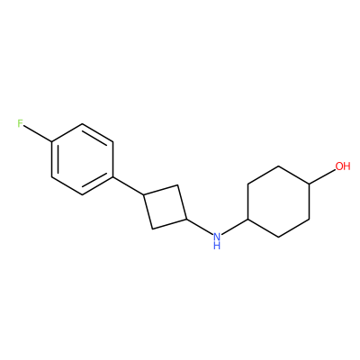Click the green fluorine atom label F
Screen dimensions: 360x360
point(20,123)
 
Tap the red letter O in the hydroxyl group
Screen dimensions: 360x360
point(339,166)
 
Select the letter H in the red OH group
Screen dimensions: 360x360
point(346,166)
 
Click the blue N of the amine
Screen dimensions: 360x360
point(217,237)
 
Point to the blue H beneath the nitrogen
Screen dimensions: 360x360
point(217,246)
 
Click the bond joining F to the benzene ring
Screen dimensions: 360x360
point(38,133)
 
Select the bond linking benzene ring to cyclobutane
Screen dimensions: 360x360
point(129,186)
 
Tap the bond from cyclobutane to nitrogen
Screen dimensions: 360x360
point(200,227)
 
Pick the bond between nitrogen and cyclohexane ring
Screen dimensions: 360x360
point(235,226)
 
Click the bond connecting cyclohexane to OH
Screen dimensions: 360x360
point(322,175)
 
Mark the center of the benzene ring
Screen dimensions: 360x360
point(83,159)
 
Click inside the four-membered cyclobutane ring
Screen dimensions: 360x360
point(166,207)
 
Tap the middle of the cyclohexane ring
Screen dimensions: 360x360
point(279,202)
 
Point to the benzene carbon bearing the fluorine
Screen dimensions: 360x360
point(52,141)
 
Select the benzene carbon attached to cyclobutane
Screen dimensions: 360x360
point(113,177)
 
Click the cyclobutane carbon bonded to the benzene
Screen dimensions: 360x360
point(144,195)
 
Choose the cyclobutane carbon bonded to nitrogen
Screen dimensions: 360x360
point(186,220)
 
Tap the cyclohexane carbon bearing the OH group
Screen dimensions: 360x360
point(310,184)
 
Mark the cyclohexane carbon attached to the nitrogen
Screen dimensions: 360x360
point(247,220)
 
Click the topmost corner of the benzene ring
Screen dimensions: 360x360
point(83,123)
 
